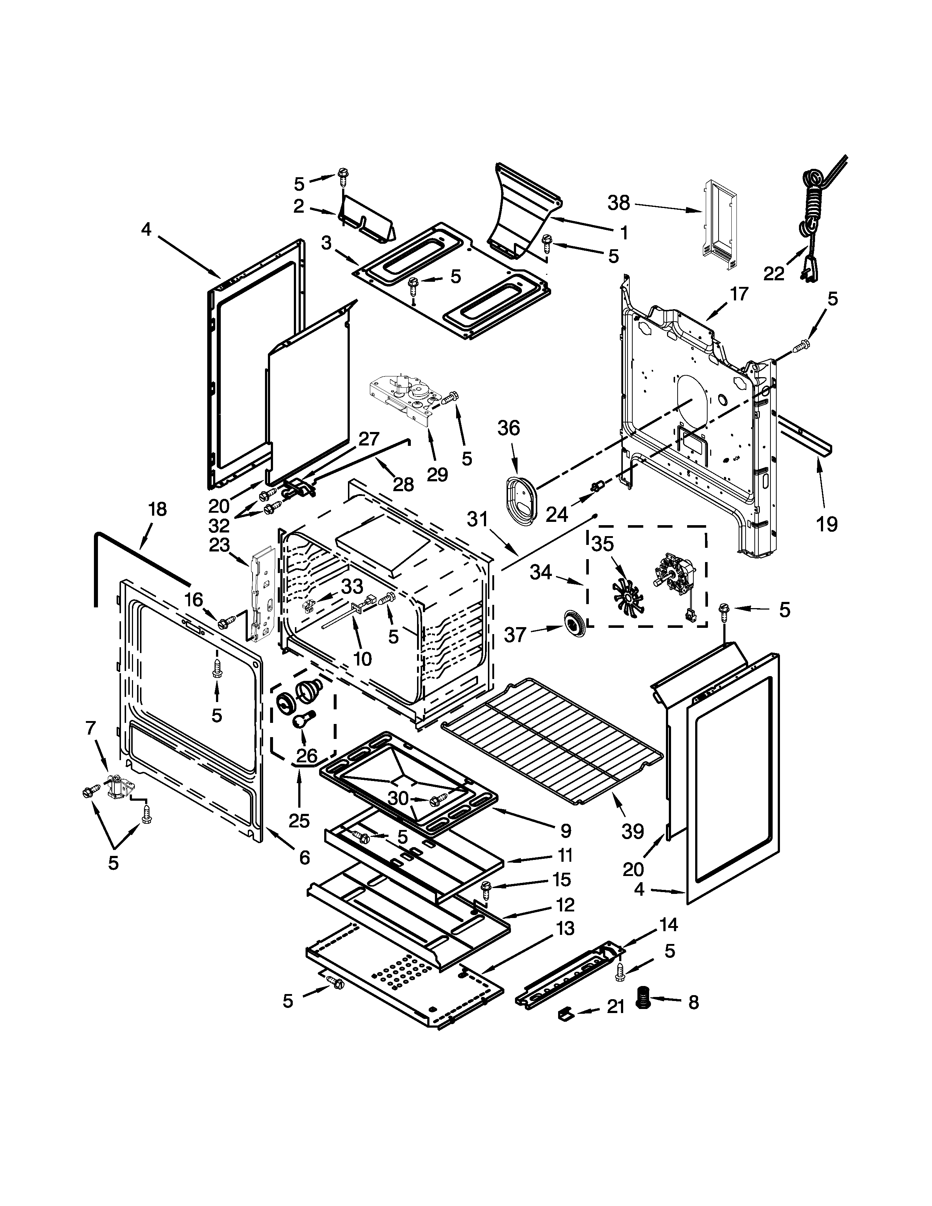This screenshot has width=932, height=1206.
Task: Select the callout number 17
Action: [740, 294]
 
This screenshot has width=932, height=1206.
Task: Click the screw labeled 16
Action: [224, 623]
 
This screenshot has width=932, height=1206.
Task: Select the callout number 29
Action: [437, 474]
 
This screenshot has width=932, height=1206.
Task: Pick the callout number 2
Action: [298, 206]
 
